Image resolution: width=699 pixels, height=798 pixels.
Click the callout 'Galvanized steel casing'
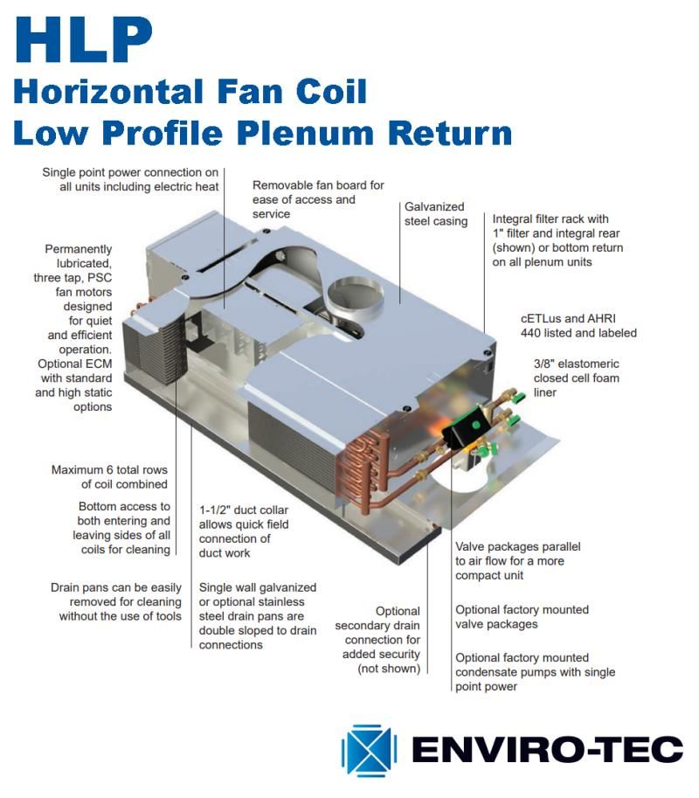coord(436,214)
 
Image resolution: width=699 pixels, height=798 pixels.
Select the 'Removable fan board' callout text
coord(318,199)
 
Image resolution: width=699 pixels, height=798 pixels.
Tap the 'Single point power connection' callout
coord(131,179)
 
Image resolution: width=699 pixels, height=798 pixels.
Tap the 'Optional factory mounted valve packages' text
coord(522,617)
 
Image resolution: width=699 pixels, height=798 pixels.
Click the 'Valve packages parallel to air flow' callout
coord(517,561)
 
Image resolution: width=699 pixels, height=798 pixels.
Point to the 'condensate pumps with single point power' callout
coord(535,672)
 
